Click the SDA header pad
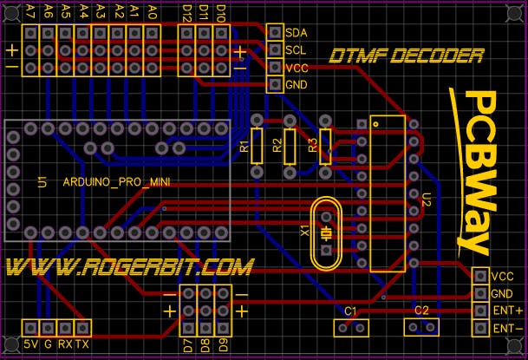tap(275, 32)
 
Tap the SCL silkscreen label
tap(296, 50)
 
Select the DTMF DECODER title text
tap(407, 56)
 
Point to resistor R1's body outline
tap(257, 147)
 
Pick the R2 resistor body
tap(290, 147)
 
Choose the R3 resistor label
tap(313, 146)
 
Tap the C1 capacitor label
tap(350, 311)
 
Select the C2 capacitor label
tap(421, 311)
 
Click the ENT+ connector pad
tap(480, 311)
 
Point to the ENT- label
tap(508, 329)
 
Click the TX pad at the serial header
tap(82, 328)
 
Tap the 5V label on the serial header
tap(30, 344)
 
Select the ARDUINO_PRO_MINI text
tap(116, 182)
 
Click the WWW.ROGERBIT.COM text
tap(129, 267)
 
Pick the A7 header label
tap(30, 12)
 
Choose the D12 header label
tap(186, 14)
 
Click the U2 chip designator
tap(427, 200)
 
